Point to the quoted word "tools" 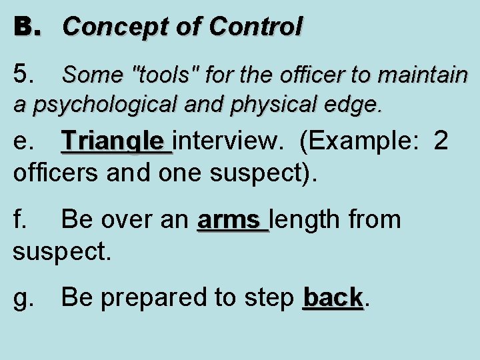click(x=165, y=75)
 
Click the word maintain click(x=427, y=75)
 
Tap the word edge click(x=357, y=104)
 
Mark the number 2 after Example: click(x=441, y=141)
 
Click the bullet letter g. click(x=24, y=298)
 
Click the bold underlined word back click(x=332, y=297)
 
